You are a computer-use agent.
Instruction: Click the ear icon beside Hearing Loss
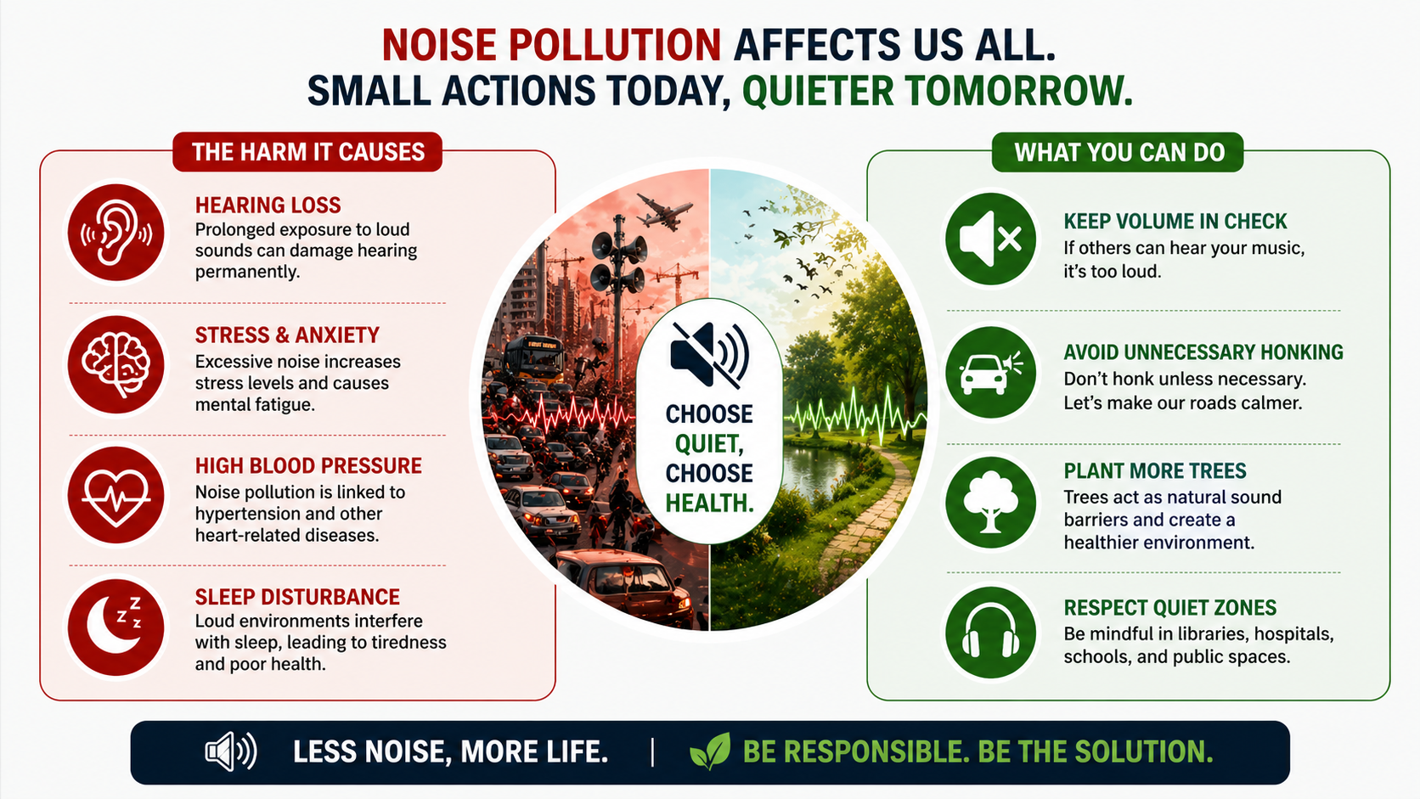pyautogui.click(x=116, y=233)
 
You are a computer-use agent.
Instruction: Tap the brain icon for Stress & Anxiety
pyautogui.click(x=116, y=364)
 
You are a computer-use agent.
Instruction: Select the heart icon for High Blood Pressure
pyautogui.click(x=116, y=495)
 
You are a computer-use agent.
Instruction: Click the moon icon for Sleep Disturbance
pyautogui.click(x=116, y=627)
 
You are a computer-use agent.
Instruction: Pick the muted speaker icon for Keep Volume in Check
pyautogui.click(x=990, y=239)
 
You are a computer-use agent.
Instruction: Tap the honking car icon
pyautogui.click(x=990, y=372)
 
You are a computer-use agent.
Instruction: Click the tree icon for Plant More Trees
pyautogui.click(x=990, y=503)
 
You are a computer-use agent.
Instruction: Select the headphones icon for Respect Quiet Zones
pyautogui.click(x=990, y=633)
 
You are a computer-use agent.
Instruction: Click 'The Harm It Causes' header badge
pyautogui.click(x=307, y=152)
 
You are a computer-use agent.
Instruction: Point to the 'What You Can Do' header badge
pyautogui.click(x=1119, y=152)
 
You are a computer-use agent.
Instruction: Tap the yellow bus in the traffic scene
pyautogui.click(x=534, y=357)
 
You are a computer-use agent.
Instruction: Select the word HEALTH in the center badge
pyautogui.click(x=709, y=504)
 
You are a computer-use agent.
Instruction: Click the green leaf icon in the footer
pyautogui.click(x=710, y=751)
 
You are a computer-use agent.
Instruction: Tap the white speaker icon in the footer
pyautogui.click(x=230, y=751)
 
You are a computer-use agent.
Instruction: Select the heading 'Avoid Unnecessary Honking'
pyautogui.click(x=1203, y=352)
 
